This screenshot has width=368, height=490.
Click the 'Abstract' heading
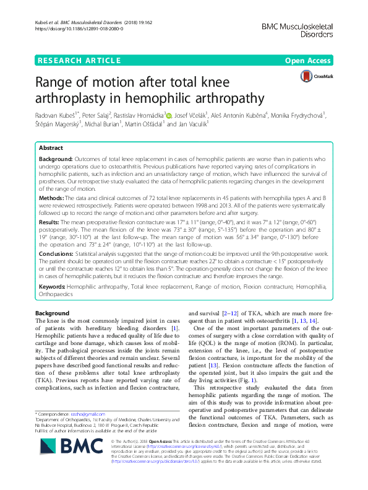coord(51,149)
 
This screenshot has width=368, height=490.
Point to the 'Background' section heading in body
coord(53,313)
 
